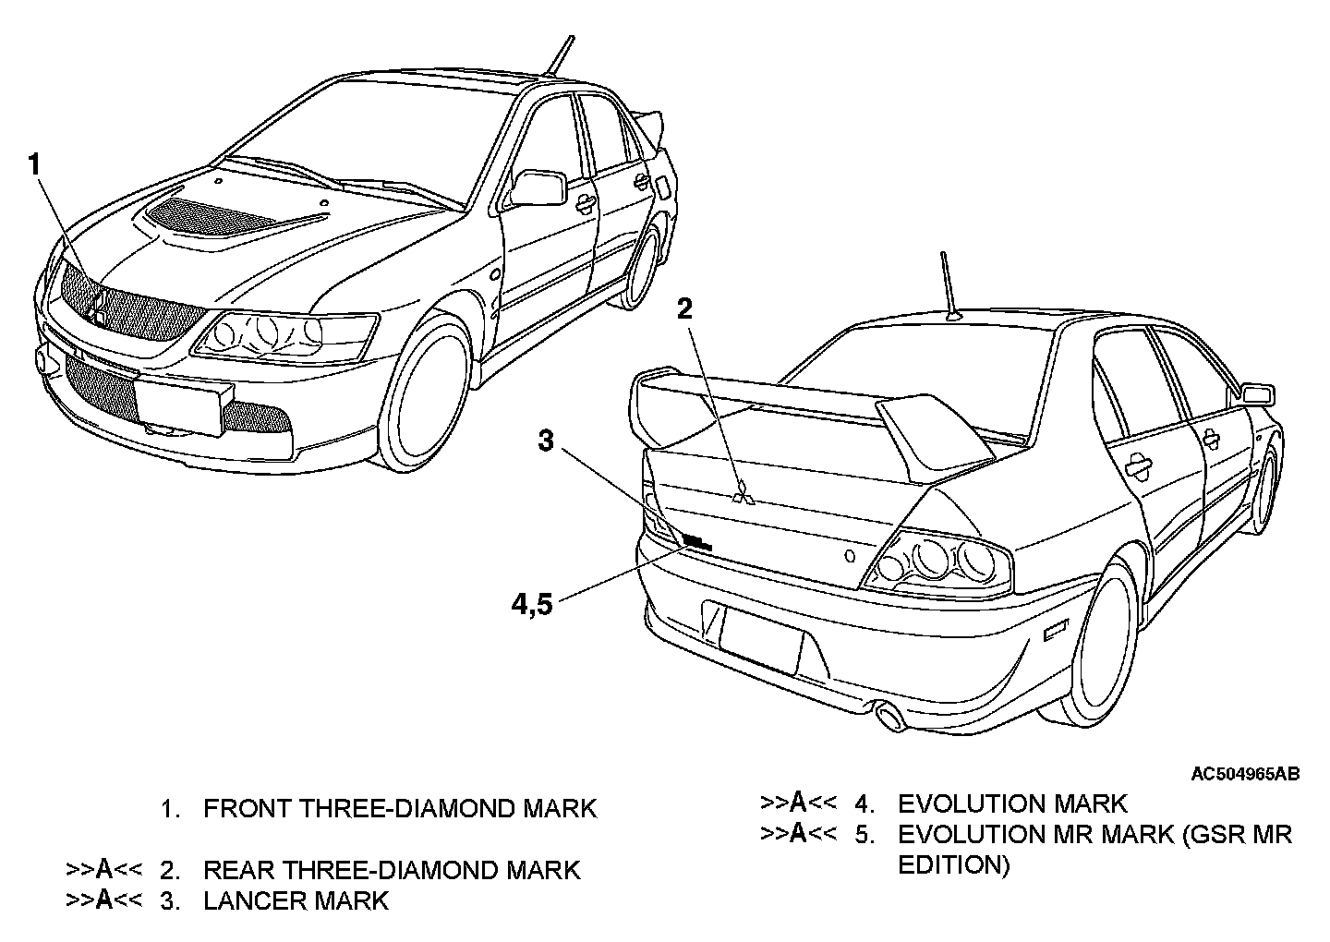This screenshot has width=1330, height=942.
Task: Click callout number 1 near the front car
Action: click(34, 166)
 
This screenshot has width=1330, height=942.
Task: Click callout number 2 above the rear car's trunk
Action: click(684, 308)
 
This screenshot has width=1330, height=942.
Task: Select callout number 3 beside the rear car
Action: click(547, 441)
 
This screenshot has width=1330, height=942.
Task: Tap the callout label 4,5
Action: click(532, 605)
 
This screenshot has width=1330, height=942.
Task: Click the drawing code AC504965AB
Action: click(1245, 774)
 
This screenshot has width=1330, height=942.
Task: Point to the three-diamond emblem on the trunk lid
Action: click(743, 496)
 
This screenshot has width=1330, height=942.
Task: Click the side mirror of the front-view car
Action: click(538, 187)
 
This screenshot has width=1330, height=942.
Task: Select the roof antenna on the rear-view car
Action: click(949, 286)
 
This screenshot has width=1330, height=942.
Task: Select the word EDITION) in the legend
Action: click(954, 865)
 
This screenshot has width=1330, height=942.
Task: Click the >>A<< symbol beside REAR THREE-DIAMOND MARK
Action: click(103, 870)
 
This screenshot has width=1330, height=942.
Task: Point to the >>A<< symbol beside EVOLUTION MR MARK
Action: click(798, 834)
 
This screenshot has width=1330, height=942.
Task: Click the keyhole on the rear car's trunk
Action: click(849, 557)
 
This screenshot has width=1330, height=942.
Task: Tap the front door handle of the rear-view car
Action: click(1139, 466)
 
